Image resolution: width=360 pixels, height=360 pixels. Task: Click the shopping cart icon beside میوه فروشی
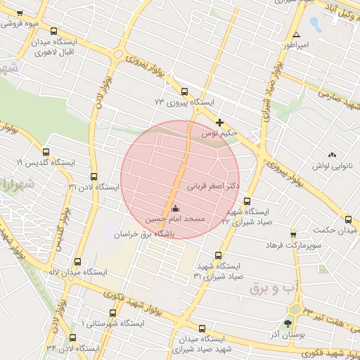(x=19, y=13)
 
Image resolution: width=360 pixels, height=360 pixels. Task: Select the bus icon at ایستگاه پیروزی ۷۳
(x=184, y=91)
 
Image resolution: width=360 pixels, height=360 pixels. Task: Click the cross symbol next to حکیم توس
(x=220, y=122)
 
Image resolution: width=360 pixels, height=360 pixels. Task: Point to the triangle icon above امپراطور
(x=296, y=34)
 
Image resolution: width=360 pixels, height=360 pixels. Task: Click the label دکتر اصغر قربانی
(x=214, y=187)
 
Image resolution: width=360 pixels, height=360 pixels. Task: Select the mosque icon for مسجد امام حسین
(x=175, y=209)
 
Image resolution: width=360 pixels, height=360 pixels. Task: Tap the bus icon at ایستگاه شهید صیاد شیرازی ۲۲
(x=247, y=200)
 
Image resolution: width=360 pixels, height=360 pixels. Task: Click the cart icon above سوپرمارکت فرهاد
(x=293, y=235)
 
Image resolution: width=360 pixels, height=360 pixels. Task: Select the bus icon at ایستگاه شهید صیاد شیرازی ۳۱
(x=218, y=256)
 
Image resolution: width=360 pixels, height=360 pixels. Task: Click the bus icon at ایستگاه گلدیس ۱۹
(x=46, y=152)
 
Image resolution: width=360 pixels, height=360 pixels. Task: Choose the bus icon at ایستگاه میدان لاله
(x=77, y=262)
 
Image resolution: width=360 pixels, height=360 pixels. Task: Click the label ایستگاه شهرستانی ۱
(x=112, y=323)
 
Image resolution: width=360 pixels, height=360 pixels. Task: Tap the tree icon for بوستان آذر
(x=288, y=324)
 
